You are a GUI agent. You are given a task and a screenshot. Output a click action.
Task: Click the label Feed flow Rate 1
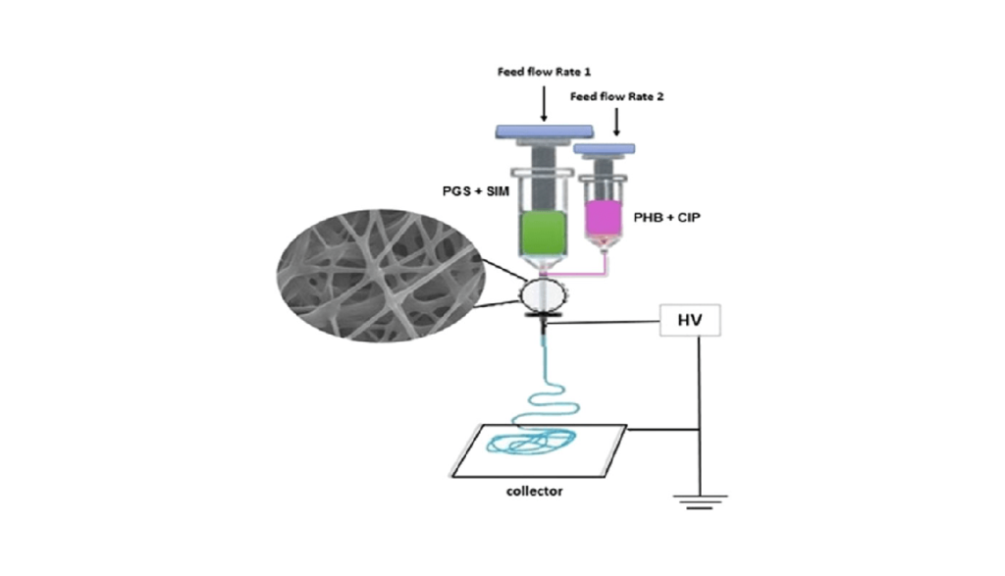pos(545,73)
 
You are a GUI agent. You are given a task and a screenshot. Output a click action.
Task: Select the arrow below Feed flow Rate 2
pos(616,122)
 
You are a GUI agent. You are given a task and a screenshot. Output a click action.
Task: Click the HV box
pos(690,320)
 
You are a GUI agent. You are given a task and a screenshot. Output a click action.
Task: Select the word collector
pos(536,490)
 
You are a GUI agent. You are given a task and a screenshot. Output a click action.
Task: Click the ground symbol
pos(698,501)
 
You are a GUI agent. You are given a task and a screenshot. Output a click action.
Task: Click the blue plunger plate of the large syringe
pos(544,131)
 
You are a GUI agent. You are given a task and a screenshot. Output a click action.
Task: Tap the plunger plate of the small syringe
pos(604,149)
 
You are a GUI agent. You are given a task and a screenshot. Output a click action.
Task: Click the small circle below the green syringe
pos(544,293)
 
